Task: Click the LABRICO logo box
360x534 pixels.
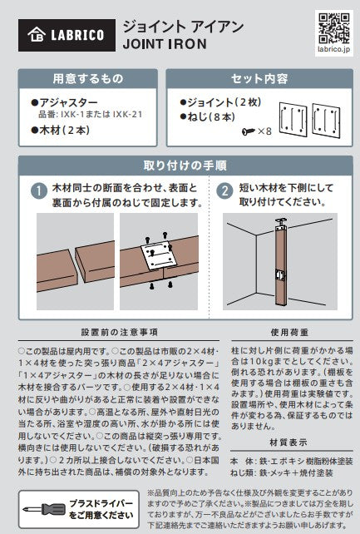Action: (67, 35)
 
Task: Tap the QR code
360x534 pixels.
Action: (333, 28)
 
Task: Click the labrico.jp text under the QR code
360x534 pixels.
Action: (333, 49)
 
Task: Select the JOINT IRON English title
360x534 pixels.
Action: (165, 44)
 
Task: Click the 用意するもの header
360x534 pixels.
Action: (88, 79)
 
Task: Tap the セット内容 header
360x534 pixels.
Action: (259, 79)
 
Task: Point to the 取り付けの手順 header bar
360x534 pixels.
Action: (185, 166)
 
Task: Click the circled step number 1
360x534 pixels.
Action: (39, 190)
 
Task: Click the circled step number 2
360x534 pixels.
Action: (224, 190)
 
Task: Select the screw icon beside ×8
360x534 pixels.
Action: (249, 131)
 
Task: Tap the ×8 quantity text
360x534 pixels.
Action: (264, 131)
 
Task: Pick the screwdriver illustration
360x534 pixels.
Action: (44, 510)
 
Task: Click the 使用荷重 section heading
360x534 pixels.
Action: (289, 333)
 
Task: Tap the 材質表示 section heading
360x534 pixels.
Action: (288, 443)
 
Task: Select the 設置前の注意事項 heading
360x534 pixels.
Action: (120, 333)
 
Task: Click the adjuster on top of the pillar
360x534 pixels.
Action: (281, 222)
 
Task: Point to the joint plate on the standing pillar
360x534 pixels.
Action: (281, 274)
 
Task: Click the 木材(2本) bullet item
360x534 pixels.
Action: (61, 130)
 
